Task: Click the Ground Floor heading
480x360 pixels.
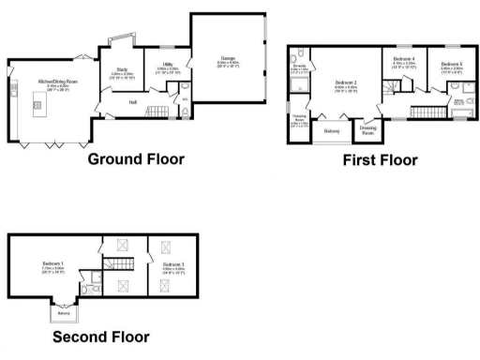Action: [136, 159]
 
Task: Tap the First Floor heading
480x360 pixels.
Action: [380, 159]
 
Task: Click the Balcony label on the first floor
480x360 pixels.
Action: [331, 130]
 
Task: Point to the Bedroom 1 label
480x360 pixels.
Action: [52, 265]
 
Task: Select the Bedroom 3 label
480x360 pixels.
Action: [172, 266]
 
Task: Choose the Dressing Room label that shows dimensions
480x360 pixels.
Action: [299, 123]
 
